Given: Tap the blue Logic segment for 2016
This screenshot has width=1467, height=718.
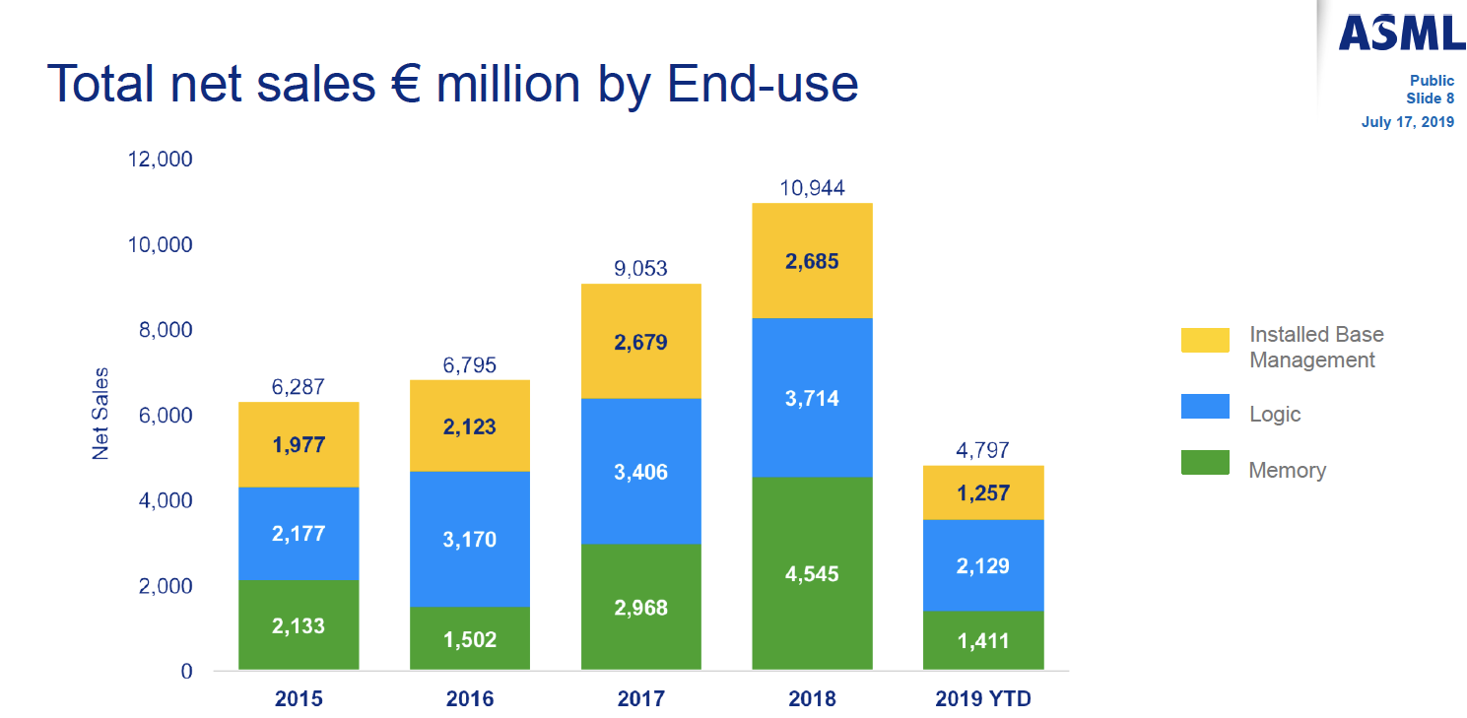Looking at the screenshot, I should (x=470, y=539).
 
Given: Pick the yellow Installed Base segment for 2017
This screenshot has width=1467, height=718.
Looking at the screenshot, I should (x=640, y=342).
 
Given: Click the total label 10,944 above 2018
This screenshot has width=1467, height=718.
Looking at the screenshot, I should (x=812, y=188).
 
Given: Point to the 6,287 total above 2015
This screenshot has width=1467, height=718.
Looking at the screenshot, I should (x=299, y=387).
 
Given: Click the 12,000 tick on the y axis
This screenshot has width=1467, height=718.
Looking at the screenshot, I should (x=160, y=160).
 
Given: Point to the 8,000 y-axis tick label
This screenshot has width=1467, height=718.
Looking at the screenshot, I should (x=160, y=330).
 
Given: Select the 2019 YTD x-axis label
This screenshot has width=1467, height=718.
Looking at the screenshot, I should (x=982, y=699).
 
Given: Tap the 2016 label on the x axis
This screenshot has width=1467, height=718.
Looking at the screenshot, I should (x=470, y=699).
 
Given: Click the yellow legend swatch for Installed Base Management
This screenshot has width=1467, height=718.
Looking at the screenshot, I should (x=1205, y=340).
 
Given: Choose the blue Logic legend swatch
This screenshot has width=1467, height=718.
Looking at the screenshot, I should (x=1205, y=407).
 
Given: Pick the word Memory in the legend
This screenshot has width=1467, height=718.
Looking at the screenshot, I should (x=1287, y=470).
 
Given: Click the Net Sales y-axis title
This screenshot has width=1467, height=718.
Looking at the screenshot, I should (x=100, y=414).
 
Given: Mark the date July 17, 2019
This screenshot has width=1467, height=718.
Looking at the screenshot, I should (x=1408, y=122).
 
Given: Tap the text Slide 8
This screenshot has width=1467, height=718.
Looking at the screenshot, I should (x=1430, y=98).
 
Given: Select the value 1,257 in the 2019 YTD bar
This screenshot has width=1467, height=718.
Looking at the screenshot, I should (x=982, y=492).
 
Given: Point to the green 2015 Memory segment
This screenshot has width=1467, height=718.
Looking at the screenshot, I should (x=299, y=625).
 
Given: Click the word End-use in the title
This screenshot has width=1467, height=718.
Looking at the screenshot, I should (x=763, y=84).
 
